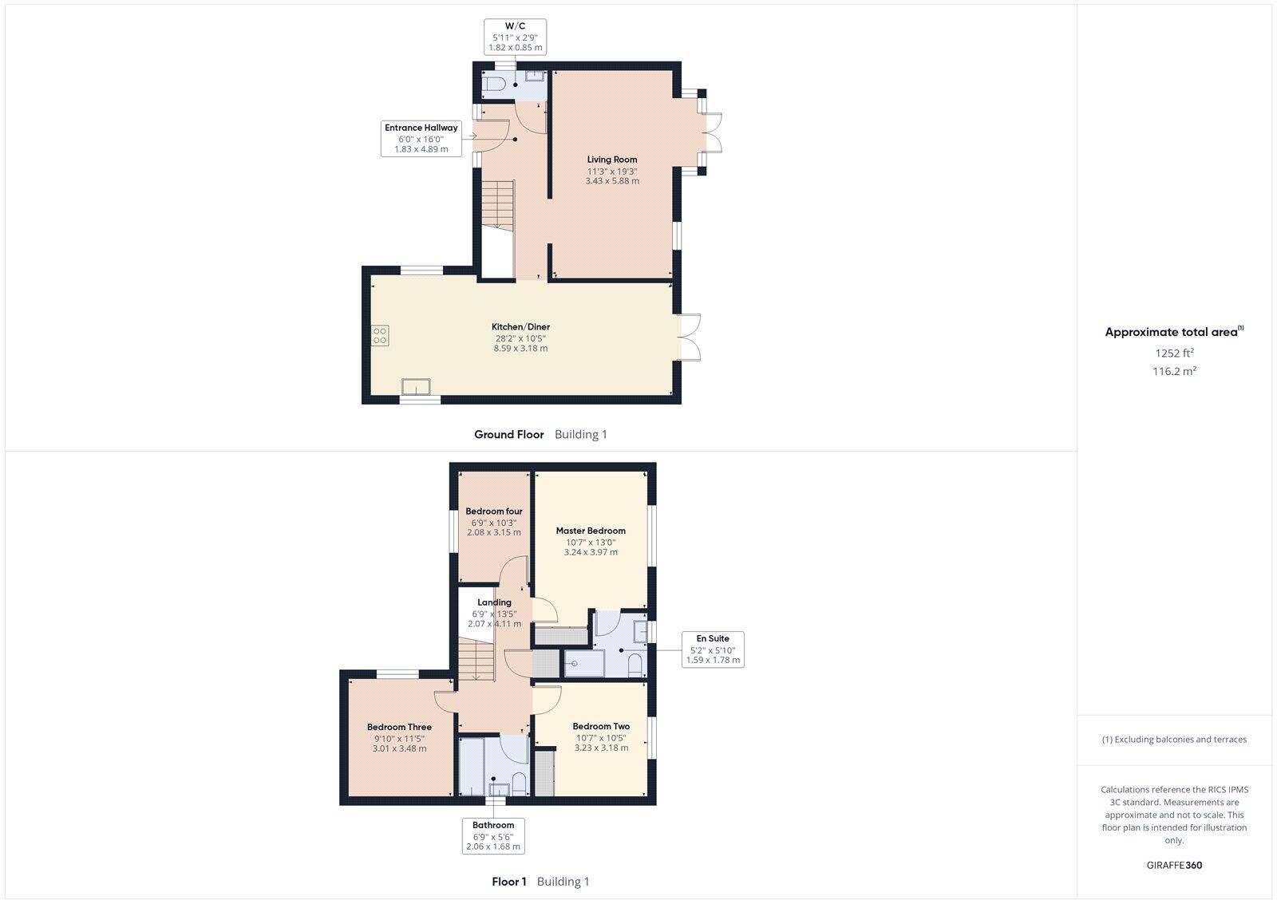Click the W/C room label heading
515,25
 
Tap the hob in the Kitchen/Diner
380,335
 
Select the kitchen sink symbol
416,387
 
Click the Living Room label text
612,160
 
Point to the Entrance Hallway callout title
421,128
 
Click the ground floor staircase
497,203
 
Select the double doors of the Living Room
714,132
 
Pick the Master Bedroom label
591,531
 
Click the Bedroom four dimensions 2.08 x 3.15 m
494,532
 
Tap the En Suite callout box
713,649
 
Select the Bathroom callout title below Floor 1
493,825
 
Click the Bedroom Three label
399,727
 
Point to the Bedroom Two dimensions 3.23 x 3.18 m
601,748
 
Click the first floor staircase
477,661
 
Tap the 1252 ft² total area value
1174,353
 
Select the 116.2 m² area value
1174,371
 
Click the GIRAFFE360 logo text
1174,865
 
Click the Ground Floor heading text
508,434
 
